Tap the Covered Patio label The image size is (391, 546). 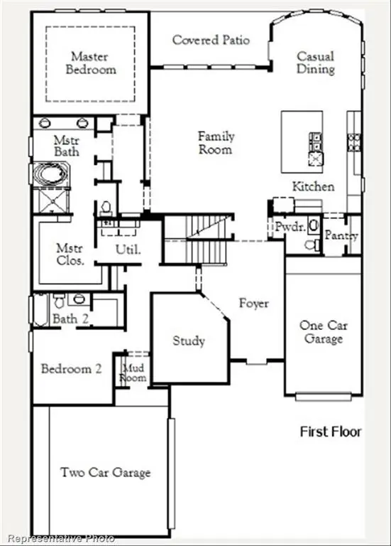(211, 40)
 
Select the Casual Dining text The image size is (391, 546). (316, 63)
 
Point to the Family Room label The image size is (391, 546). (215, 143)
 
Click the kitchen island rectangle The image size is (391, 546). (301, 141)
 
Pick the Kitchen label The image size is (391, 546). (313, 186)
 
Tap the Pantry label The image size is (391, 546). (341, 235)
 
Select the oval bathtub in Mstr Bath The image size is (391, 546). (50, 174)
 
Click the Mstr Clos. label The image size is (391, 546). (70, 255)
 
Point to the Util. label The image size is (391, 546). (128, 250)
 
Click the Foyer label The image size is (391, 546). (253, 304)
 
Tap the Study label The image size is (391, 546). (189, 341)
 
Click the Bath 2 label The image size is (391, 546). (70, 319)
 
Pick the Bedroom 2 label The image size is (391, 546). (71, 369)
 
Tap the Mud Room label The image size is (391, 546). (134, 373)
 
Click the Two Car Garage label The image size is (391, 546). (105, 472)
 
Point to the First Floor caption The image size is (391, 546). (330, 432)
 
